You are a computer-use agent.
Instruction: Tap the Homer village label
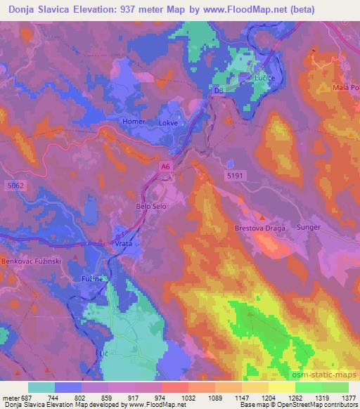134,122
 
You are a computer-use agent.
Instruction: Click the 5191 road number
235,174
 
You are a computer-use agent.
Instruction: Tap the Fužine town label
92,279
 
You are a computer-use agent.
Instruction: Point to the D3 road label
218,91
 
